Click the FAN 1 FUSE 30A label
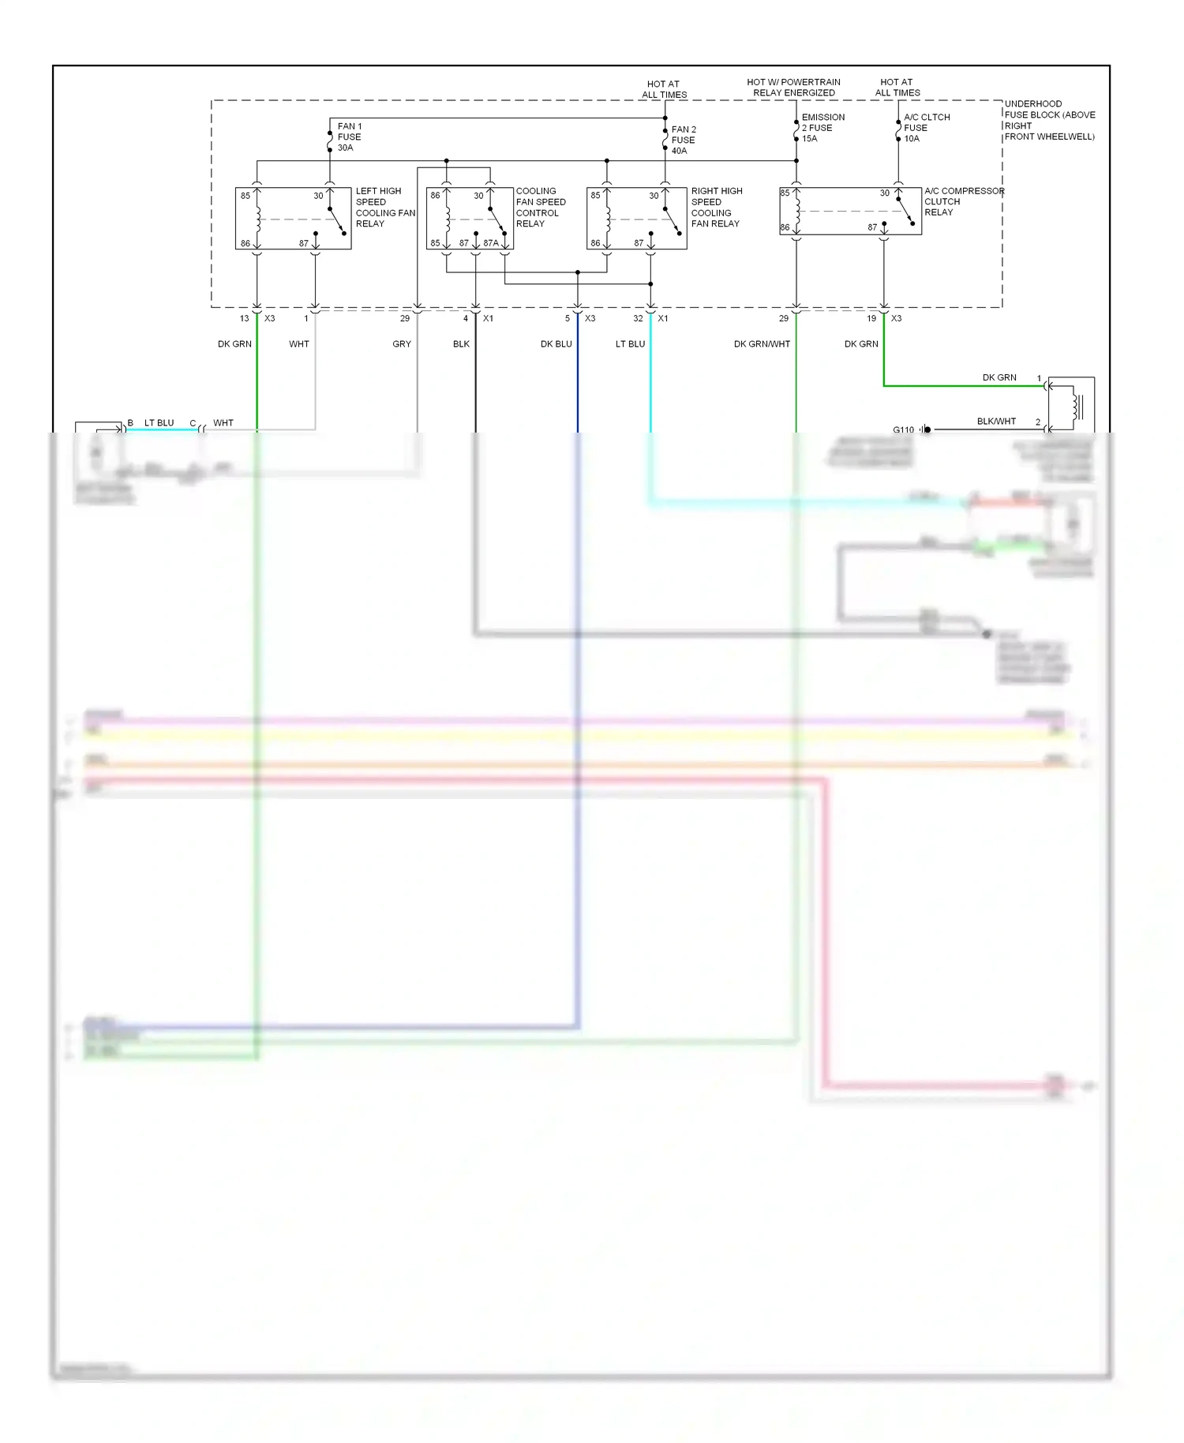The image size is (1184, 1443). (x=349, y=137)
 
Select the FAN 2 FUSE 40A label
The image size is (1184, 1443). (x=683, y=140)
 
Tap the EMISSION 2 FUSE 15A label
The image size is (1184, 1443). (x=822, y=128)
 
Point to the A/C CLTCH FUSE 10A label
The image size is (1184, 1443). (x=926, y=128)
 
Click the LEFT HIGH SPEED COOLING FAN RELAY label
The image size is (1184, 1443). (x=384, y=208)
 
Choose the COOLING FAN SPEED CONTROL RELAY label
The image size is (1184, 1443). (x=540, y=208)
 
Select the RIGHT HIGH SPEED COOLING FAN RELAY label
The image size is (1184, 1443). (x=716, y=208)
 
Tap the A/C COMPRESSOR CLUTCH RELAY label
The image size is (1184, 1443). (x=964, y=201)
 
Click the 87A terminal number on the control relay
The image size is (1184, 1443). (x=491, y=243)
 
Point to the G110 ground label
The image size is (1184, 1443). (x=903, y=430)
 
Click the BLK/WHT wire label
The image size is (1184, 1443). (x=996, y=422)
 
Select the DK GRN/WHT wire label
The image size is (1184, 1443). (x=762, y=344)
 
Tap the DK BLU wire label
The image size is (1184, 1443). (x=556, y=344)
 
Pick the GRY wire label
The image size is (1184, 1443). (x=402, y=344)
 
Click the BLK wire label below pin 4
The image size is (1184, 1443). (x=461, y=344)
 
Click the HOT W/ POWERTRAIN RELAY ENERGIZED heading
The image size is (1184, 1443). (x=793, y=88)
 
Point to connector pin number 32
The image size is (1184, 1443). (x=638, y=319)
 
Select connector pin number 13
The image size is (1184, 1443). (x=244, y=319)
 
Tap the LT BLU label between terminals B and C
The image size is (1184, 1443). (x=159, y=423)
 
